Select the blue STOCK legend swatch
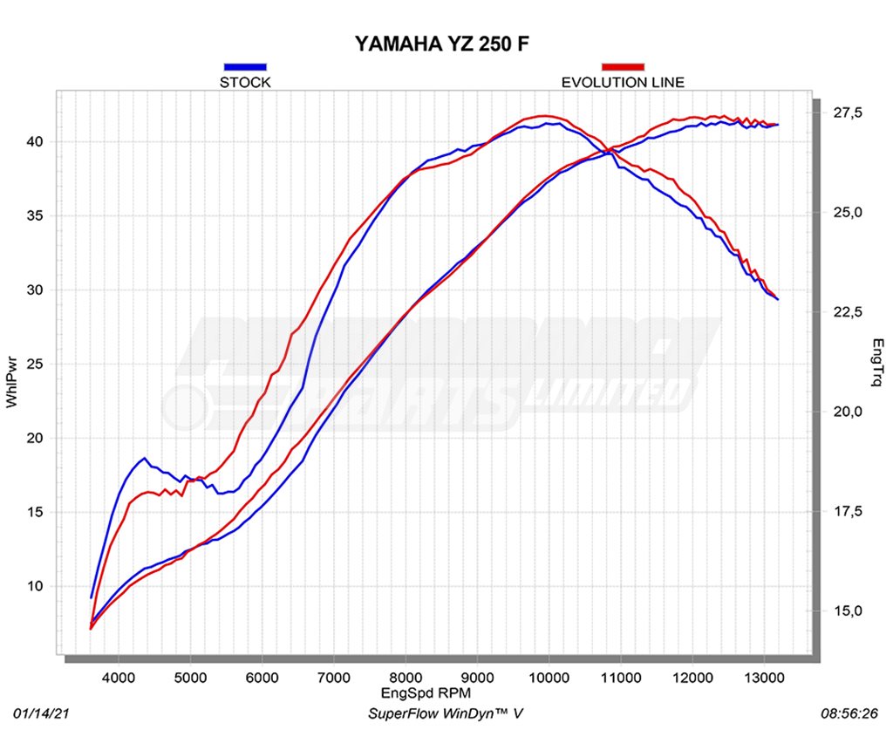click(x=245, y=66)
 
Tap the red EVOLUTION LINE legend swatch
click(x=623, y=66)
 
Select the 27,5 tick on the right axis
click(x=846, y=113)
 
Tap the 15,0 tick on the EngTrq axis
click(x=846, y=610)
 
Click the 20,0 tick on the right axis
click(x=846, y=412)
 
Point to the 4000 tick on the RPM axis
click(x=119, y=677)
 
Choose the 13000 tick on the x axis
click(x=764, y=677)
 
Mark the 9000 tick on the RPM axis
click(x=477, y=677)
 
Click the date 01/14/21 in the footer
click(x=41, y=714)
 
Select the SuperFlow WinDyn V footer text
click(x=446, y=714)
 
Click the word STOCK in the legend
click(x=245, y=83)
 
